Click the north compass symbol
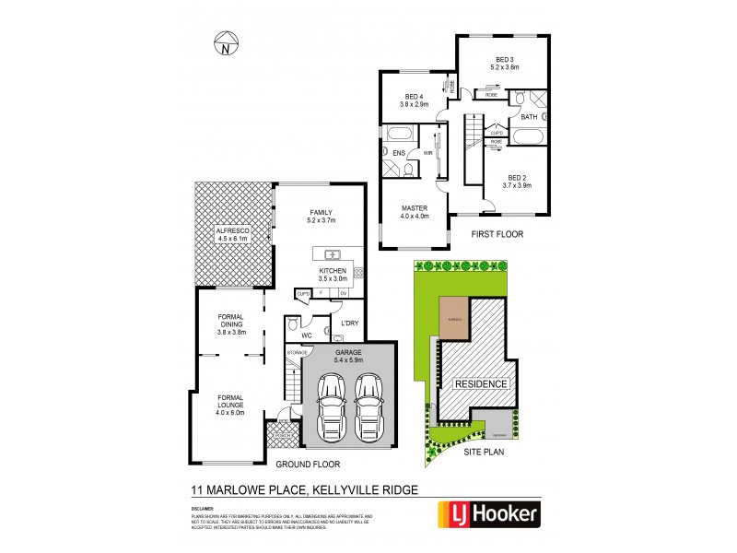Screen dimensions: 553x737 (x=225, y=42)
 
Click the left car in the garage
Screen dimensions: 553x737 (x=331, y=407)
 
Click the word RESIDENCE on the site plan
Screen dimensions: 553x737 (x=477, y=383)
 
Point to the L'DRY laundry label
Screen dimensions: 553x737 (x=350, y=324)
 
